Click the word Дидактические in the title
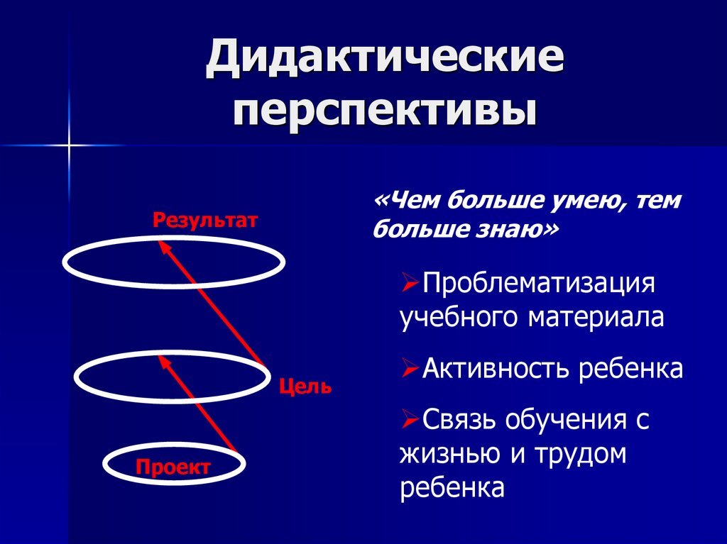coord(385,61)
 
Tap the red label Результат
coord(204,220)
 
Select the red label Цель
coord(305,387)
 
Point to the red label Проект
coord(173,467)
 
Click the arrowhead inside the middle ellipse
coord(163,362)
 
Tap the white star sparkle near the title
coord(70,145)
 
